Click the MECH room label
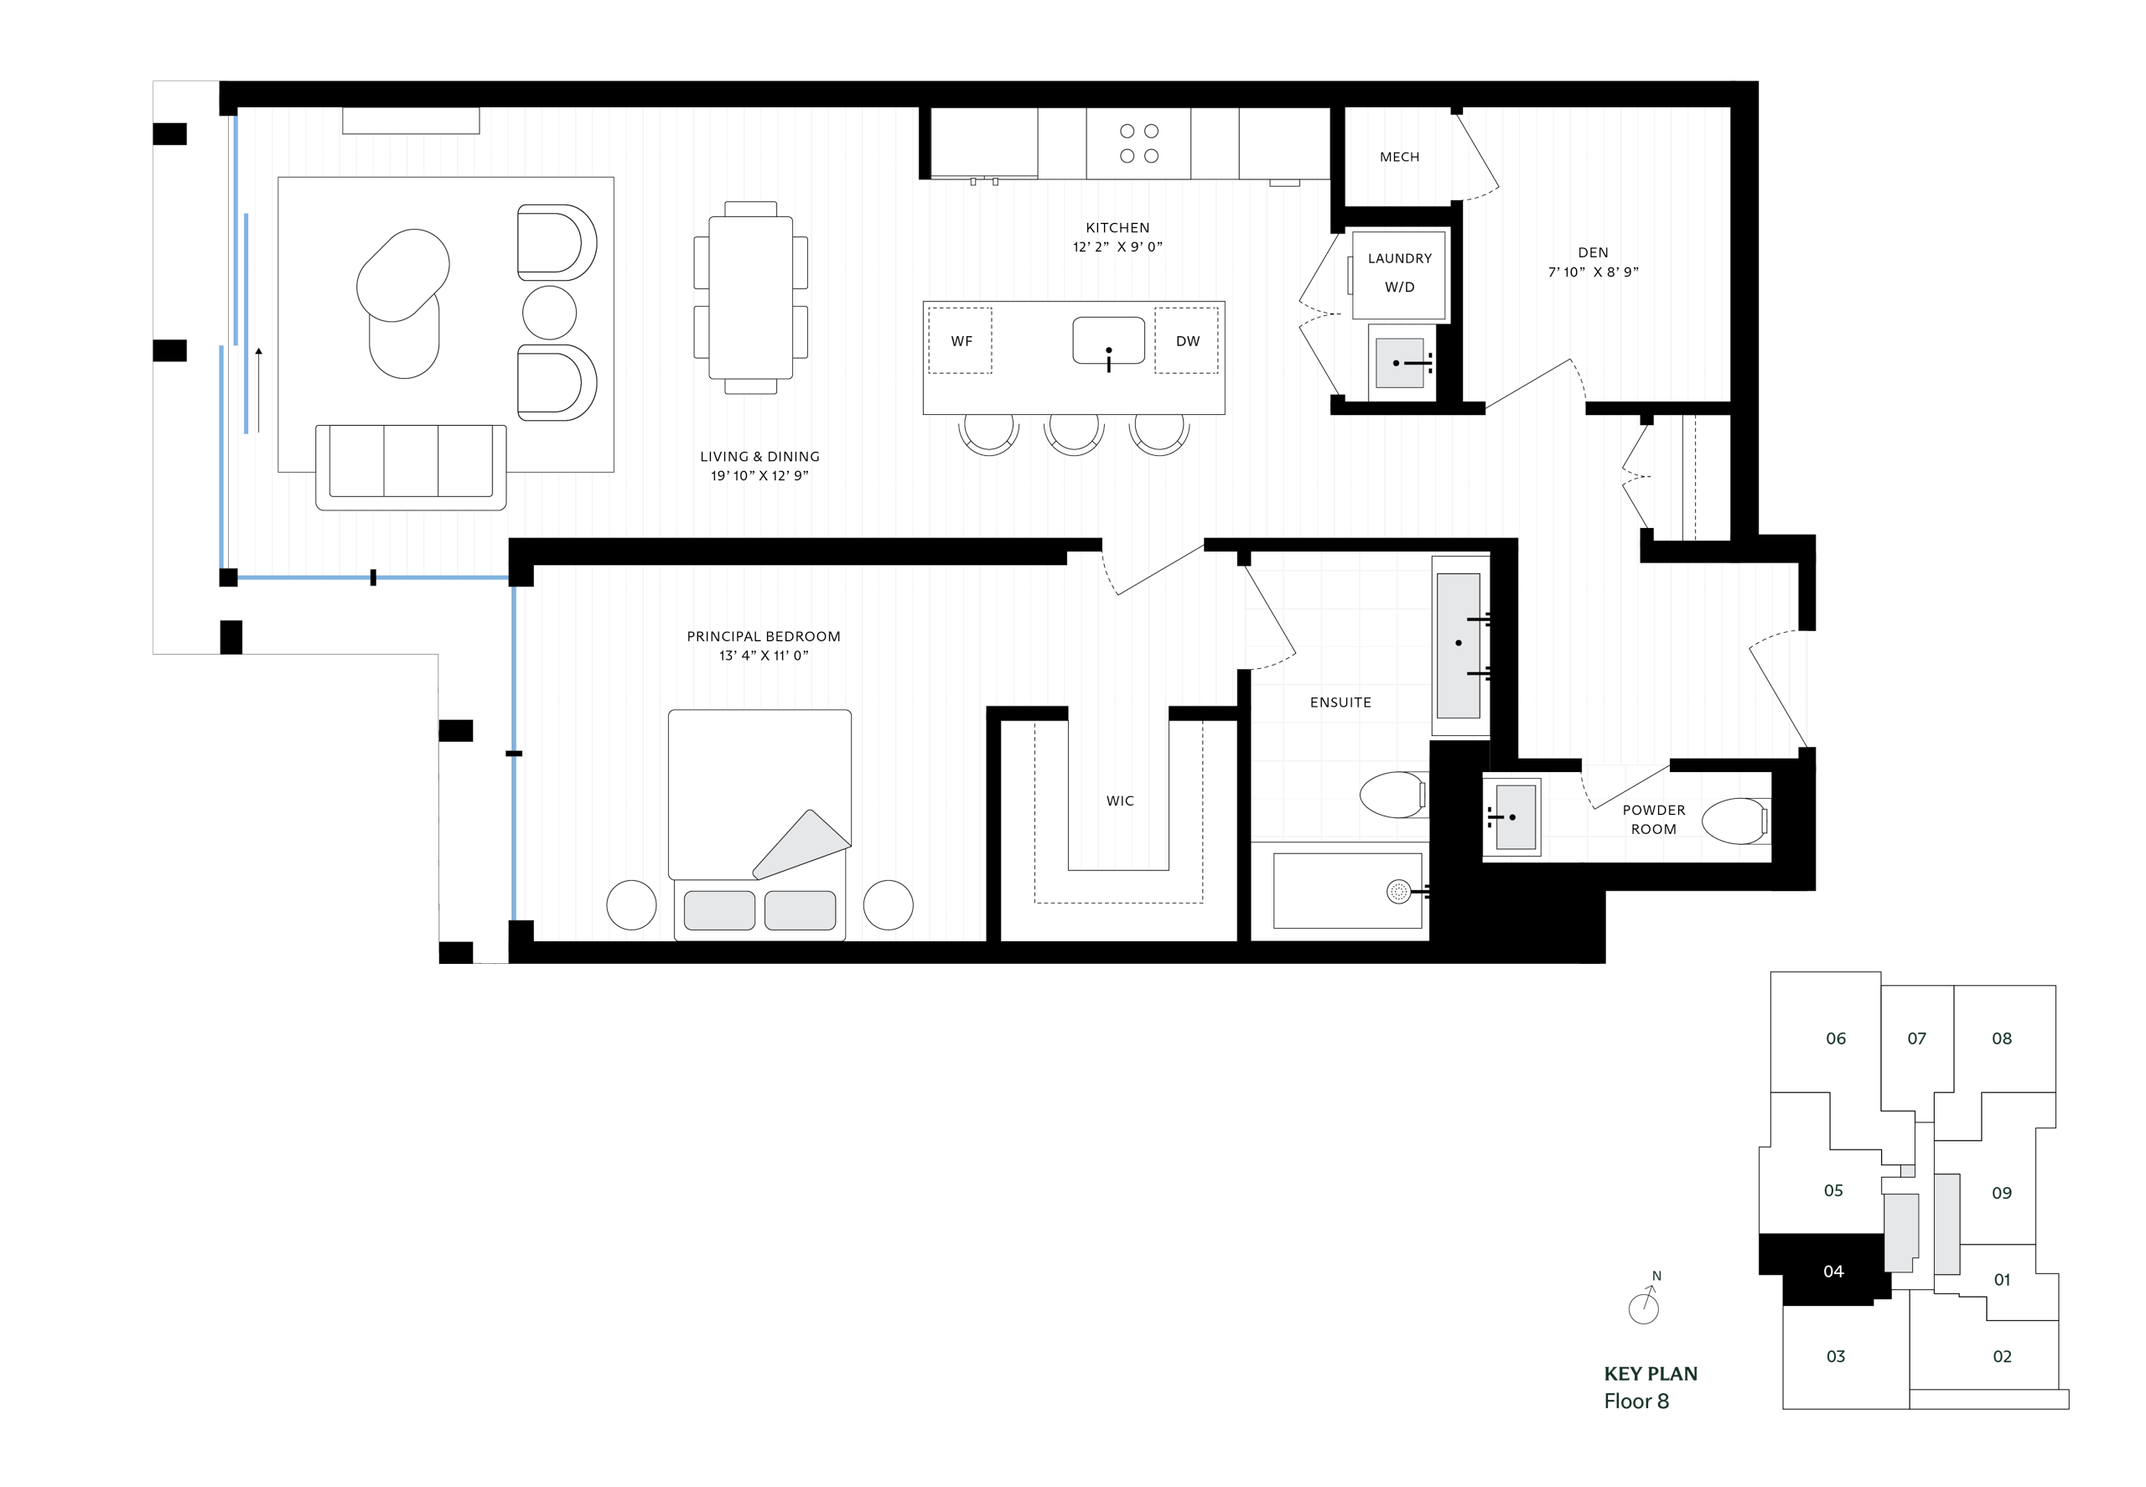point(1399,158)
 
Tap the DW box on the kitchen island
point(1186,341)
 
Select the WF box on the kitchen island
point(961,341)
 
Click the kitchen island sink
point(1108,340)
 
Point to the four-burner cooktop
point(1138,143)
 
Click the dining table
point(750,298)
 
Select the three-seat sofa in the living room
point(410,466)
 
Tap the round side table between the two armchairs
point(549,312)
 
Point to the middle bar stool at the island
point(1074,432)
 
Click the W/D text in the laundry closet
point(1399,287)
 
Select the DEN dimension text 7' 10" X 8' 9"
point(1593,272)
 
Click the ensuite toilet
point(1392,795)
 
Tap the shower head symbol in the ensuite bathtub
point(1397,892)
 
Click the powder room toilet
point(1734,821)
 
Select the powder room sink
point(1514,817)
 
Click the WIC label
point(1119,801)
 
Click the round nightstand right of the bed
point(887,904)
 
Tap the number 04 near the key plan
point(1832,1272)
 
